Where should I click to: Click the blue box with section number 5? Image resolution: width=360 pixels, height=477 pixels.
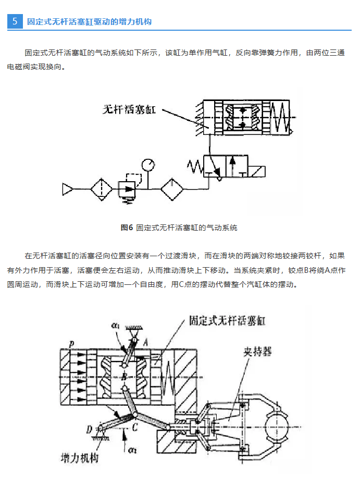point(15,21)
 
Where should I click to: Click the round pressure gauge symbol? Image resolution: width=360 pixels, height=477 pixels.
point(148,165)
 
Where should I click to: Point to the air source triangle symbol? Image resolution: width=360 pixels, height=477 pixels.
point(68,189)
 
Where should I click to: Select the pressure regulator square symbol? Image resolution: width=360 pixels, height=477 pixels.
point(127,188)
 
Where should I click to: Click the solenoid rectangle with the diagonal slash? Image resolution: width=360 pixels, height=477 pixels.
point(257,171)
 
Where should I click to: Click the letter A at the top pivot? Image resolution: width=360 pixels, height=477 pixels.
point(146,340)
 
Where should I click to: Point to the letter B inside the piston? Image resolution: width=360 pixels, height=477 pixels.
point(123,375)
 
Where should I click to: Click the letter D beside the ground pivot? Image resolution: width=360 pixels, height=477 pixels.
point(89,429)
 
